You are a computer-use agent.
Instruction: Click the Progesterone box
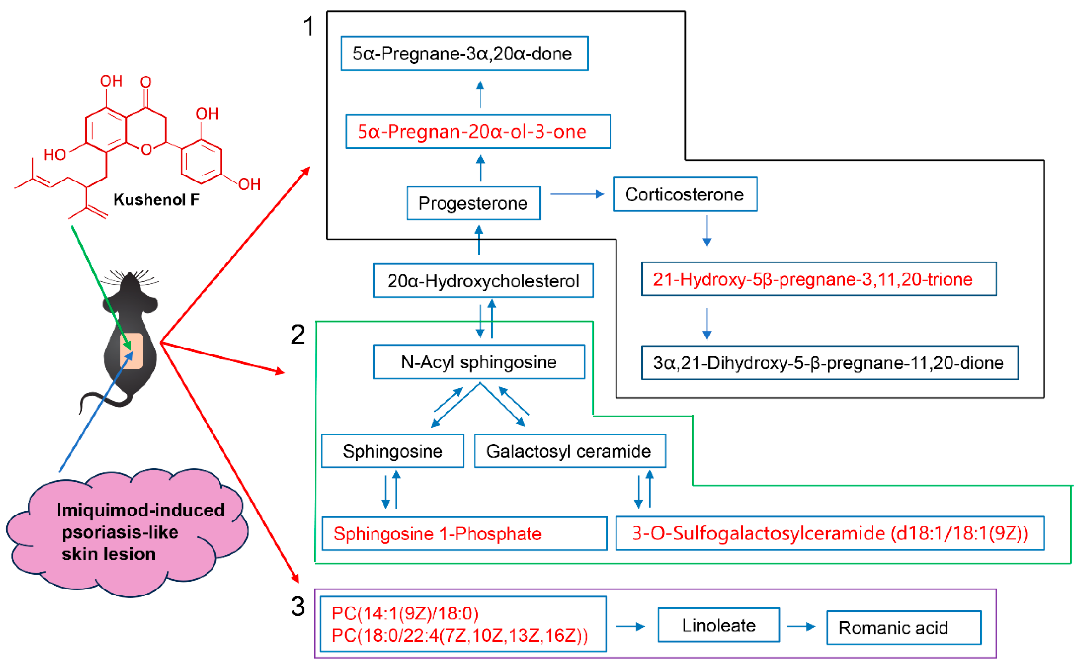473,203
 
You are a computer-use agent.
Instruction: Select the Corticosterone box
684,194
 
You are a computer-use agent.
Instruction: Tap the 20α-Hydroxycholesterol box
483,280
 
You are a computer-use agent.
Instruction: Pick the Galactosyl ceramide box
570,451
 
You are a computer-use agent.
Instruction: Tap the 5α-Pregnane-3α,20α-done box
464,53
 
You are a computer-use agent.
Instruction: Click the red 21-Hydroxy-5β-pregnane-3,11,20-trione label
812,279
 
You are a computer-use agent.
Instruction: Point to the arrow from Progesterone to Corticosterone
576,194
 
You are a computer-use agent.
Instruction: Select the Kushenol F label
156,199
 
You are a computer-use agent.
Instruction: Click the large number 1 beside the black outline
309,26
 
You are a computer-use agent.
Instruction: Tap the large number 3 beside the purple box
298,607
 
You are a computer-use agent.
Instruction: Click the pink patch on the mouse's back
131,351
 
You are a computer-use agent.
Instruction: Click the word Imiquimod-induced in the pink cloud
140,510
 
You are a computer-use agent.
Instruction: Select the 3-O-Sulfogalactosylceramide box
830,533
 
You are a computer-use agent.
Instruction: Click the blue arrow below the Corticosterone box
707,232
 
